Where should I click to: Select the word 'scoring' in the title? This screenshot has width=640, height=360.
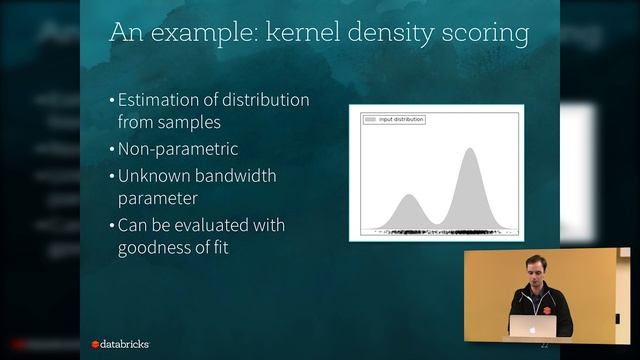(x=481, y=35)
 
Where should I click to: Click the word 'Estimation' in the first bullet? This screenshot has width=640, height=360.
(x=160, y=101)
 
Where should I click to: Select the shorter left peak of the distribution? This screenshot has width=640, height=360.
(x=407, y=197)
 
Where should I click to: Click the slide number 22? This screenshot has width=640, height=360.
(x=544, y=343)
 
